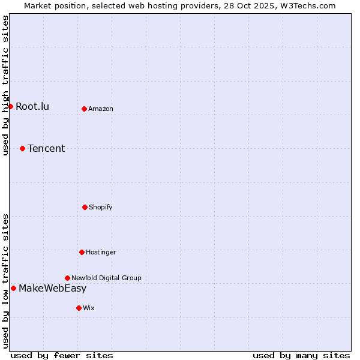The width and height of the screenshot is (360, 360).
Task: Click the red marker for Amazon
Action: tap(84, 109)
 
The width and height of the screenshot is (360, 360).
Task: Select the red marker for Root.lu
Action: tap(10, 106)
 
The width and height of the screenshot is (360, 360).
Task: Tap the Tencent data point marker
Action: tap(22, 148)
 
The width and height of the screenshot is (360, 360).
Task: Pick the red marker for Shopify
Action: tap(85, 207)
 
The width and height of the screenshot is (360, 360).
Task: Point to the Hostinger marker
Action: tap(82, 252)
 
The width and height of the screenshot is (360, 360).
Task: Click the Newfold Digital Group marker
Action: tap(67, 278)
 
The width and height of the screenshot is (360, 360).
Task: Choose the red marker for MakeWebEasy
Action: tap(13, 288)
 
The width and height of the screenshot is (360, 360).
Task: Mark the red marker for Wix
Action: tap(79, 308)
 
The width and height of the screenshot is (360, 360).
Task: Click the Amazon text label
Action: tap(101, 109)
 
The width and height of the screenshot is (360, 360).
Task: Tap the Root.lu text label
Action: tap(32, 107)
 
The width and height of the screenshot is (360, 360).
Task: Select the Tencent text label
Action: tap(46, 149)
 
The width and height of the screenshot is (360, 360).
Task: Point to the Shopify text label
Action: tap(101, 207)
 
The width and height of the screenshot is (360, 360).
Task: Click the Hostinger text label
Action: tap(101, 252)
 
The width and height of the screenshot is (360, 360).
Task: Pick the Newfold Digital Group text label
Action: tap(106, 278)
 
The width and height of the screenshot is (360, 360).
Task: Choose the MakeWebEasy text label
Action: tap(52, 288)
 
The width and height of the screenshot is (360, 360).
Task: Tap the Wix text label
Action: tap(89, 308)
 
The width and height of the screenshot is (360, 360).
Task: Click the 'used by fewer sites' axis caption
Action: tap(62, 355)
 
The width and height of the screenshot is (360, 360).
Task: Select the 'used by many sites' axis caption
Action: tap(301, 355)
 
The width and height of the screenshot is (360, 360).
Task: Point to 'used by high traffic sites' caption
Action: tap(5, 85)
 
